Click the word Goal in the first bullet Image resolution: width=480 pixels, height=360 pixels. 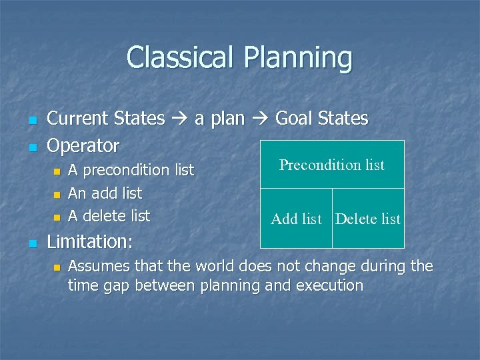293,119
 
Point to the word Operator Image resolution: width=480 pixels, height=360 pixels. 83,145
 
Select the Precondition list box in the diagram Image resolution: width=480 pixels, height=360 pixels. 331,165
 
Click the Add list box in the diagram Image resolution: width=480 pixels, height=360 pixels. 296,219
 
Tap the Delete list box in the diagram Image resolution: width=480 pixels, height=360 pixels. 368,219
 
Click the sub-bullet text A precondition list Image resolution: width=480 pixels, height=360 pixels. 131,171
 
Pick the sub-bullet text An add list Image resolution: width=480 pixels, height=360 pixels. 105,193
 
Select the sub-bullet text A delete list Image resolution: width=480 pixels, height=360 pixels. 109,216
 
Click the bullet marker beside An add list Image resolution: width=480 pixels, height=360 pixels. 57,195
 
